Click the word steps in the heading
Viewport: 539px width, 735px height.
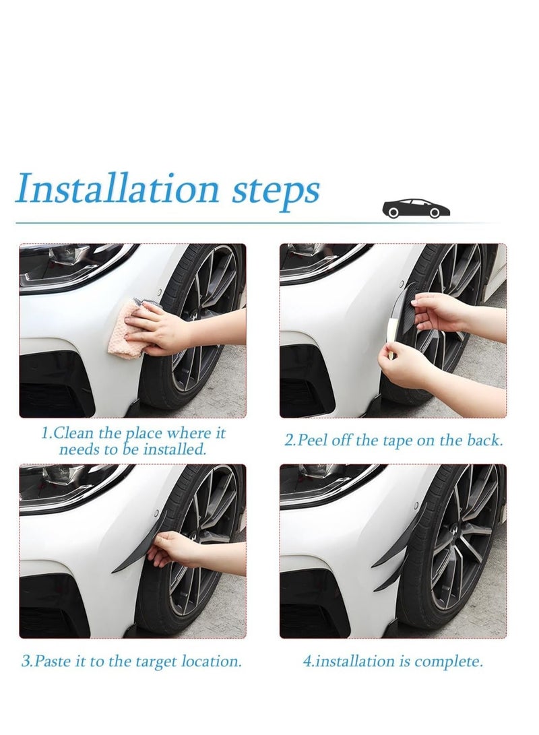276,191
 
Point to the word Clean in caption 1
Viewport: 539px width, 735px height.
74,433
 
